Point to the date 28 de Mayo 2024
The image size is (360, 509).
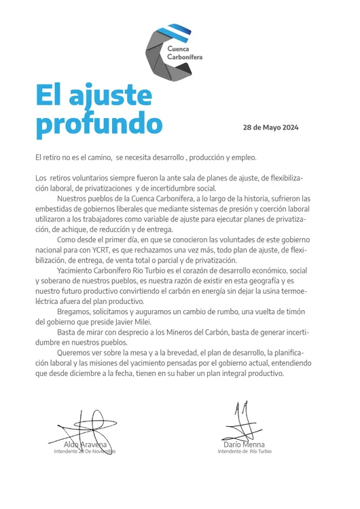coord(270,128)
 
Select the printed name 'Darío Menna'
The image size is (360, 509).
coord(244,445)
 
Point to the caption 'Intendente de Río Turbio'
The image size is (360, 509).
coord(244,451)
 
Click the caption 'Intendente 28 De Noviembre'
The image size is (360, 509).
coord(85,451)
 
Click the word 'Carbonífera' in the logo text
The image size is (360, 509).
coord(187,57)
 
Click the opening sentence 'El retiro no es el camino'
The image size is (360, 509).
coord(74,157)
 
